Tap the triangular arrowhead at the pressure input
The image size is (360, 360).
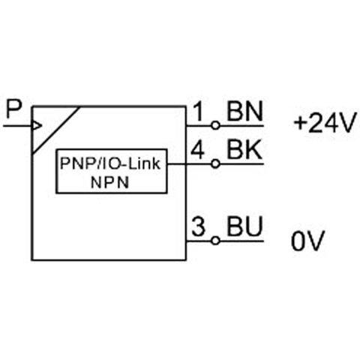[37, 126]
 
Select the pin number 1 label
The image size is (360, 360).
[199, 111]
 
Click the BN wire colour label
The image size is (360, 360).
[244, 111]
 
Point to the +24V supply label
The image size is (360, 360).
[325, 123]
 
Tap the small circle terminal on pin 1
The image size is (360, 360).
[215, 125]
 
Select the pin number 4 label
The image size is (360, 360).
[197, 149]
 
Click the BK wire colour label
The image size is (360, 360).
[244, 149]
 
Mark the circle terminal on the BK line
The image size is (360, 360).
[215, 164]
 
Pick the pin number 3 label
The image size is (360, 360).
[199, 226]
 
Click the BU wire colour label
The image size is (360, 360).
[244, 226]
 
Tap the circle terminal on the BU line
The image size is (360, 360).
[215, 241]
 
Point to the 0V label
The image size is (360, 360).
[308, 241]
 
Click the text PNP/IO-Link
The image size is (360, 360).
[110, 163]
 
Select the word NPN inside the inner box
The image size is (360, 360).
[110, 182]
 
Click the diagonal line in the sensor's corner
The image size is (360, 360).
[56, 130]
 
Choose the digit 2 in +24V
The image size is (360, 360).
[316, 123]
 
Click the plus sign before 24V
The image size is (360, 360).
[301, 123]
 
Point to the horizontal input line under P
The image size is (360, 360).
[18, 126]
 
